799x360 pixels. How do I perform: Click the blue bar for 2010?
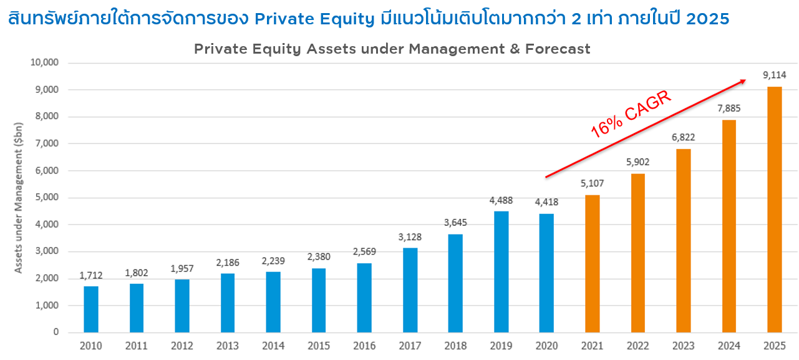point(91,309)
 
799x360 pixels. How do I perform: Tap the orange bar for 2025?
point(775,209)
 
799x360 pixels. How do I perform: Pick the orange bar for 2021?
point(593,263)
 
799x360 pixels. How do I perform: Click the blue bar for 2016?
point(364,298)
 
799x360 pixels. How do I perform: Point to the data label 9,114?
point(775,75)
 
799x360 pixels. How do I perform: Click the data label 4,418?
point(546,202)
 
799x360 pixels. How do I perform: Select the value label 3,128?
point(410,236)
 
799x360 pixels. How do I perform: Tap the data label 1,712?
point(91,275)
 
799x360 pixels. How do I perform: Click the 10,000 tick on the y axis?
point(44,62)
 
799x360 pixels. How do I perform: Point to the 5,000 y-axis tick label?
point(47,198)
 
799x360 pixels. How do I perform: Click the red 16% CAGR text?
point(631,114)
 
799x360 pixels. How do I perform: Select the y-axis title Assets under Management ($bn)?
point(19,197)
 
